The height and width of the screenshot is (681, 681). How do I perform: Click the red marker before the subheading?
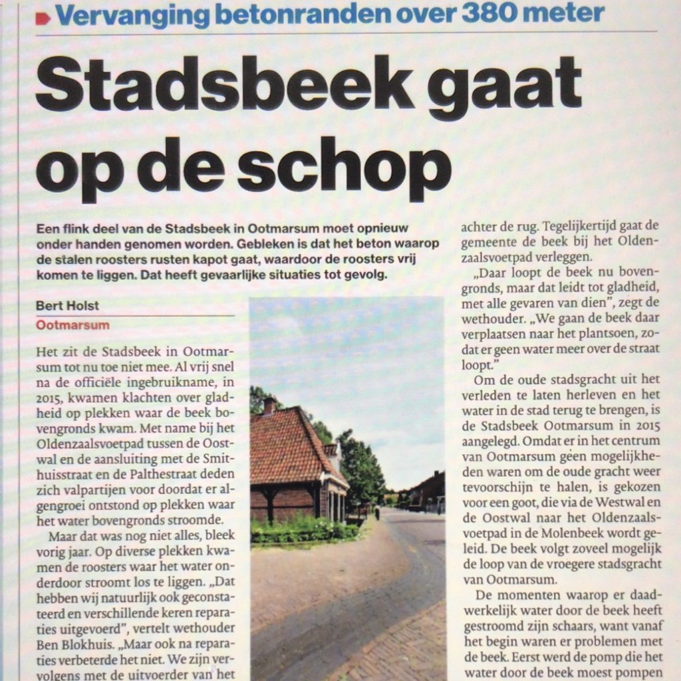pyautogui.click(x=43, y=17)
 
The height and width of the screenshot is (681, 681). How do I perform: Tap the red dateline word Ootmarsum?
pyautogui.click(x=73, y=325)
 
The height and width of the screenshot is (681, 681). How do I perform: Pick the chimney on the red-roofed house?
pyautogui.click(x=269, y=404)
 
